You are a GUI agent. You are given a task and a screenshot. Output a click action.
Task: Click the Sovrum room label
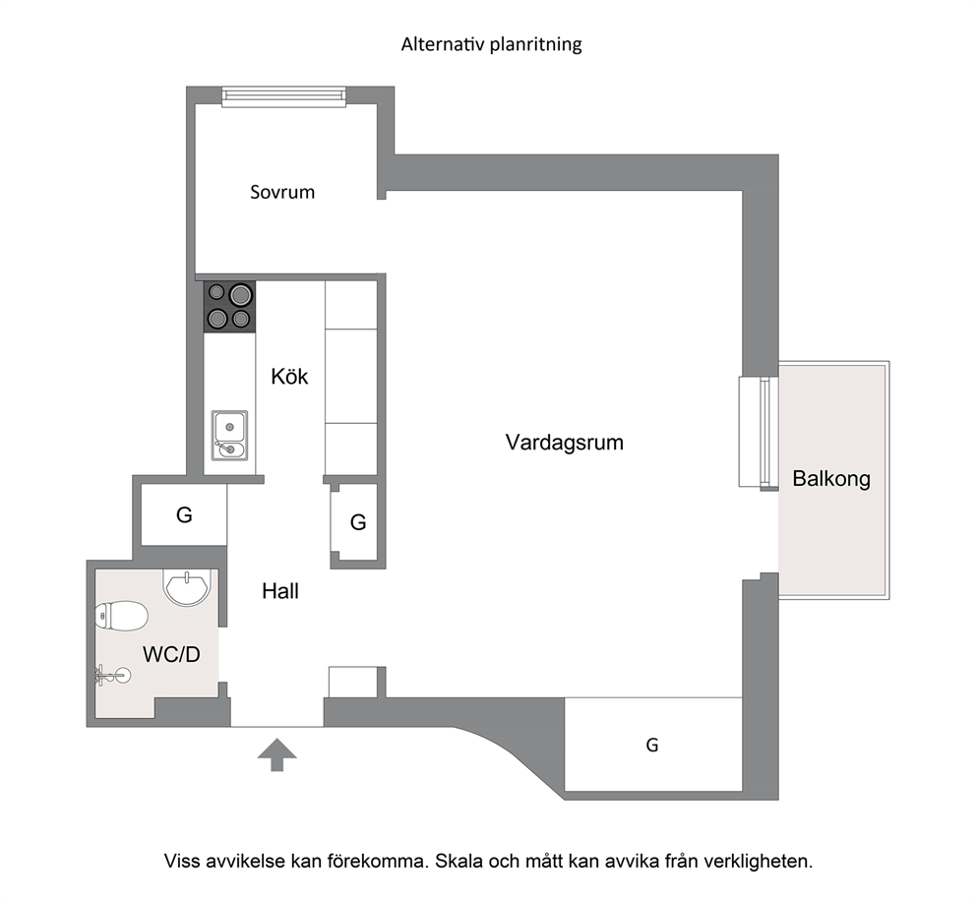click(282, 192)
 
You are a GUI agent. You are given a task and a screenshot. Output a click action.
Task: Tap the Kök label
click(289, 376)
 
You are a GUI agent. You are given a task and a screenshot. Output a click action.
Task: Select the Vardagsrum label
click(564, 443)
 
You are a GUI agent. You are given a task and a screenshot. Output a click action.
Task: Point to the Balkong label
click(831, 479)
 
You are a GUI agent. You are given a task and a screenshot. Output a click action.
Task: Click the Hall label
click(280, 590)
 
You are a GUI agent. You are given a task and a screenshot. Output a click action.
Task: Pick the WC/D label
click(171, 654)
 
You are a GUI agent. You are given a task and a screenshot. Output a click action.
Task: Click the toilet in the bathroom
click(121, 616)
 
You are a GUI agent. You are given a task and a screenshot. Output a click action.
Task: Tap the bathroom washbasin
click(187, 586)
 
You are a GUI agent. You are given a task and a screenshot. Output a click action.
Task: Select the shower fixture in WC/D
click(113, 674)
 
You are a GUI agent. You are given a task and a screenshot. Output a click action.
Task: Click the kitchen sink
click(229, 435)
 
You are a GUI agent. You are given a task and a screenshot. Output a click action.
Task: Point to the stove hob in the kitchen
click(229, 306)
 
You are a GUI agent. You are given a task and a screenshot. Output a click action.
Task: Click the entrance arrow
click(277, 754)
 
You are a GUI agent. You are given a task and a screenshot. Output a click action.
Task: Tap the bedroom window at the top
click(283, 96)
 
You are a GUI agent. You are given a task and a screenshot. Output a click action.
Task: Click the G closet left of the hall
click(184, 514)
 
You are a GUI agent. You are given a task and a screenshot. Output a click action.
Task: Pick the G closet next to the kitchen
click(357, 522)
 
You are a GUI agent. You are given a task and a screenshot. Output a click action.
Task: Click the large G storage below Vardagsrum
click(653, 745)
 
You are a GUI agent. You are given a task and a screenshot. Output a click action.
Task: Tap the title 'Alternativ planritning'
click(491, 44)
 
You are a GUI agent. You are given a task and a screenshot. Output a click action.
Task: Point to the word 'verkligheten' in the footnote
click(759, 862)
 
